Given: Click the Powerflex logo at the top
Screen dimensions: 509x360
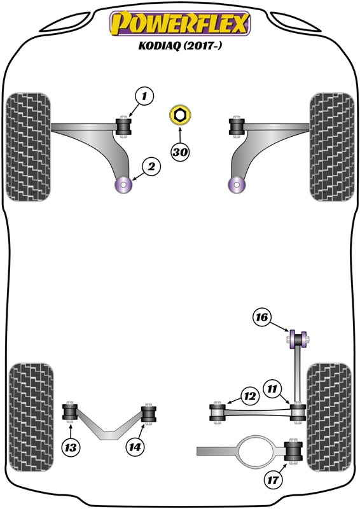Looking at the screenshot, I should point(180,24).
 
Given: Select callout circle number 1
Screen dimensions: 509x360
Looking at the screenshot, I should point(144,97).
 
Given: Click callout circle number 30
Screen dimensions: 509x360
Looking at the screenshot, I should point(180,151).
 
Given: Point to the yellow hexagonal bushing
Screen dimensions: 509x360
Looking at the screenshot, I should point(180,116).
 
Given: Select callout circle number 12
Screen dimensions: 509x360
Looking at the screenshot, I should point(249,397).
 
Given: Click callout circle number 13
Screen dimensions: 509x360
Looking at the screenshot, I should point(72,448).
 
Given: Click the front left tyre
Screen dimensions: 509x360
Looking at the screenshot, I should point(27,148).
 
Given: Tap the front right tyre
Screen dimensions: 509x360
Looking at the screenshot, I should point(331,148).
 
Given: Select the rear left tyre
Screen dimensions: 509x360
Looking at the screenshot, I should point(29,417).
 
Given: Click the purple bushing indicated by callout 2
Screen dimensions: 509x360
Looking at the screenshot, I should point(123,185).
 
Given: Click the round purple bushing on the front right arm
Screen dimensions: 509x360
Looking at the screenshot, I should point(237,185).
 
